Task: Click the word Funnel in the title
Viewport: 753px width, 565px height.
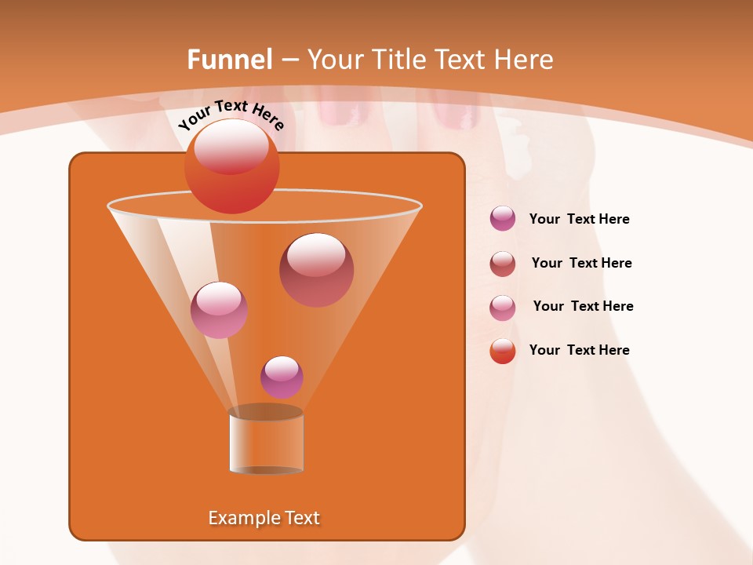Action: pos(229,60)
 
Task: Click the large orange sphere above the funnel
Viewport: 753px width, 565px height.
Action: pos(231,166)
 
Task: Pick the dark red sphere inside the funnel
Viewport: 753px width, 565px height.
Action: pos(316,270)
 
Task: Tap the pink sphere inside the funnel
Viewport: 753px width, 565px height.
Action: pos(219,310)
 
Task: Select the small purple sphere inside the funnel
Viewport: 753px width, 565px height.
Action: pos(282,377)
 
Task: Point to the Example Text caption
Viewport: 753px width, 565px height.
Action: pos(264,518)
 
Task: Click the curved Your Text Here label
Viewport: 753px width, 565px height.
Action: pos(231,114)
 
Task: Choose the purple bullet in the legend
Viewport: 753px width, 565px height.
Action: pos(502,219)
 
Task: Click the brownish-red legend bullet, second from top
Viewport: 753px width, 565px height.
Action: pos(502,263)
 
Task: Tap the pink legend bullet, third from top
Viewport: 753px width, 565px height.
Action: pos(502,307)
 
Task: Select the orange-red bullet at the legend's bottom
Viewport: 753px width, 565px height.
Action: pos(502,351)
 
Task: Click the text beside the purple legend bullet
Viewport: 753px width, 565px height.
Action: pos(579,220)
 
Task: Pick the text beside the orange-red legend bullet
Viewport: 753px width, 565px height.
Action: pos(579,350)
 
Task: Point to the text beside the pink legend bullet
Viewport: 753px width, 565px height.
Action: pos(583,306)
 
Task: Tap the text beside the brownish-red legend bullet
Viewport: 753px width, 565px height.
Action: pos(581,263)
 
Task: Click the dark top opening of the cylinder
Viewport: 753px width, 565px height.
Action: pos(266,412)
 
